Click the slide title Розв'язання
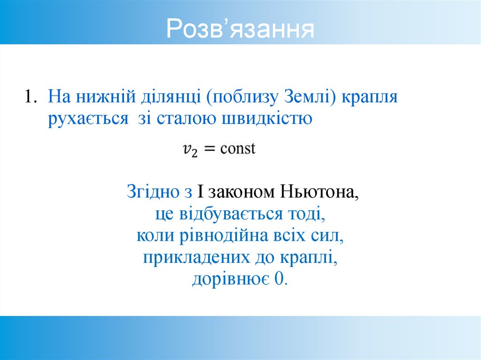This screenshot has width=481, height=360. (240, 29)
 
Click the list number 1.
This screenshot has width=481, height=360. (31, 97)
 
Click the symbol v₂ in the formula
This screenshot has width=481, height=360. (190, 150)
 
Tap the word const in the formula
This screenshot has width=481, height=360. (238, 149)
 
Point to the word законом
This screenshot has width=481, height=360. (241, 192)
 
